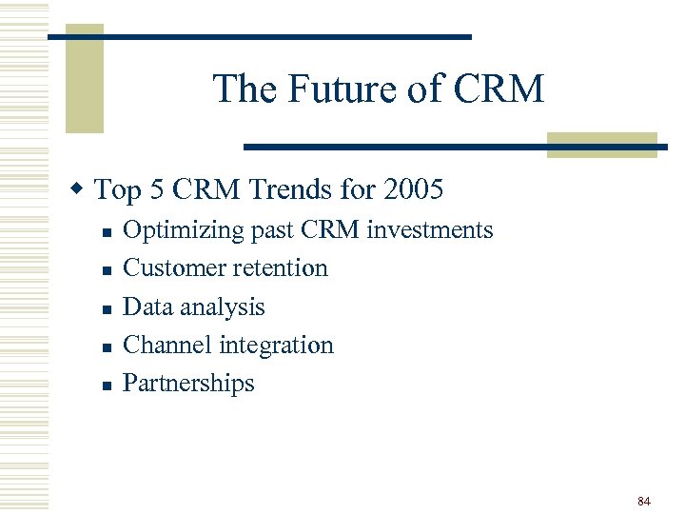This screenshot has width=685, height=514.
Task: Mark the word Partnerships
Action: (x=189, y=383)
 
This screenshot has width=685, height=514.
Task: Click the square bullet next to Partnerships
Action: (x=108, y=385)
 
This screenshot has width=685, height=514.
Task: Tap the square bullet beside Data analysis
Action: (x=108, y=309)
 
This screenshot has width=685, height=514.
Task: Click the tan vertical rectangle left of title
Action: (x=84, y=81)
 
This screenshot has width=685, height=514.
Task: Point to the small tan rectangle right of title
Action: (x=601, y=144)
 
